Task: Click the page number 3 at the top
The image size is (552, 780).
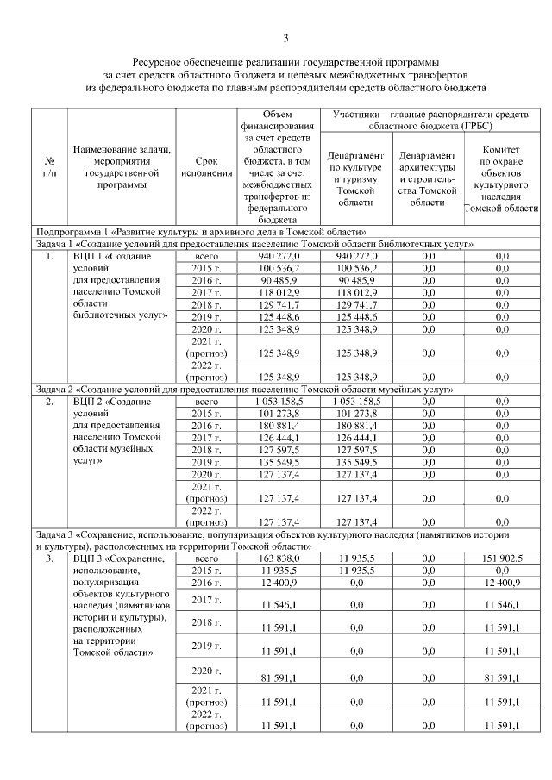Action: click(x=285, y=37)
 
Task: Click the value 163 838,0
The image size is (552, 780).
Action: click(x=279, y=558)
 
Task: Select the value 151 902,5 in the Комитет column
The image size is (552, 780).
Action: click(x=501, y=558)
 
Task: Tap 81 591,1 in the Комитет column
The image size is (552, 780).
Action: click(x=501, y=678)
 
